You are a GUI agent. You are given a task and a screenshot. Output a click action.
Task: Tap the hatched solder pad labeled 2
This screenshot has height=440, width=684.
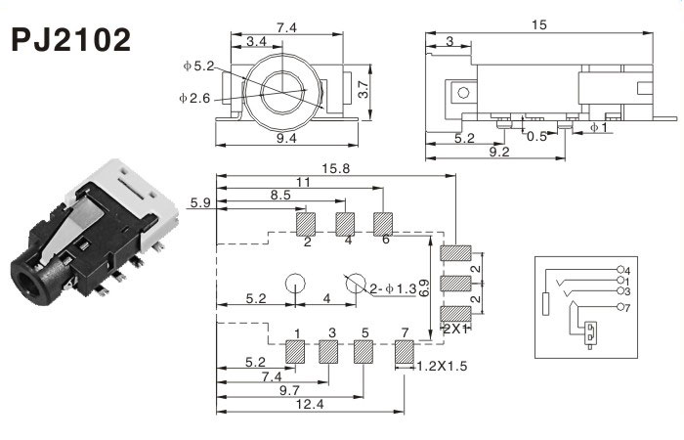tap(307, 224)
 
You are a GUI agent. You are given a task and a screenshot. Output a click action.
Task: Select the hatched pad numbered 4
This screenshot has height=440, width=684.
tap(346, 224)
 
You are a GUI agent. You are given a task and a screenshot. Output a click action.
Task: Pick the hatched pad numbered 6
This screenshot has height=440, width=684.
tap(383, 224)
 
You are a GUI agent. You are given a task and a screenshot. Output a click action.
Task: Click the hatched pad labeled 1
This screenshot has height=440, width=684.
tap(293, 351)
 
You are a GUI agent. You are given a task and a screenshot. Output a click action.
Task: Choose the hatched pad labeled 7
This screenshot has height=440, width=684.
tap(404, 351)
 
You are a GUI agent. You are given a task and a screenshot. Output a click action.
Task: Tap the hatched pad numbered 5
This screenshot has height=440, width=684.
tap(363, 351)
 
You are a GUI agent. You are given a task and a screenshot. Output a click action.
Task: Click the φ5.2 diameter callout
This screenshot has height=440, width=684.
tap(198, 66)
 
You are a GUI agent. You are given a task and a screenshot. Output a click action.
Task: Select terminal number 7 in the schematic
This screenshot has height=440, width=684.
tap(626, 307)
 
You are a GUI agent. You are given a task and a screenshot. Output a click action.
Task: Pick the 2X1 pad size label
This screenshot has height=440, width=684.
tap(455, 329)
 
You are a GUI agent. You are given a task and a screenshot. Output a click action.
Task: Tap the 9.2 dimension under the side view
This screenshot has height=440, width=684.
tap(498, 153)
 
